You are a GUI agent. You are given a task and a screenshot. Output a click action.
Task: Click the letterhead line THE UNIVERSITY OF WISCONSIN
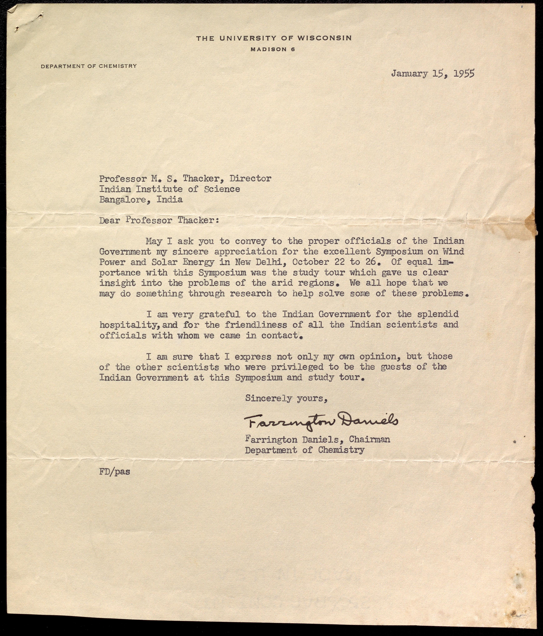pos(274,38)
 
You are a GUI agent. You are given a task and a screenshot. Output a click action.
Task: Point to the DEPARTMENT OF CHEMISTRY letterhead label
pos(89,66)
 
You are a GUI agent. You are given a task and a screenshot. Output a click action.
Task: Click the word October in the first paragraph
pos(316,262)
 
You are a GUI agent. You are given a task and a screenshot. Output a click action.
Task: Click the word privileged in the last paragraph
pos(296,367)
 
